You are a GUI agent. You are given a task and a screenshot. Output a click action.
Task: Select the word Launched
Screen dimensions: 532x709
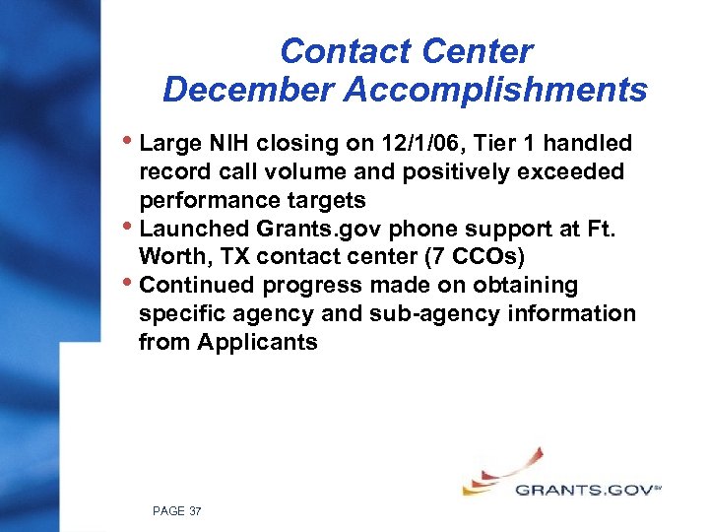coord(189,230)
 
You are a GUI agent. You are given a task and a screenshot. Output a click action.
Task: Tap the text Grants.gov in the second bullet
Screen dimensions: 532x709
coord(301,230)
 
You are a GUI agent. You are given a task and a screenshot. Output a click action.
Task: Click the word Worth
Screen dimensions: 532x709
coord(171,257)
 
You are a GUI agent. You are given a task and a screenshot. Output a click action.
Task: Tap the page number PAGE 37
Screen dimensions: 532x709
coord(177,511)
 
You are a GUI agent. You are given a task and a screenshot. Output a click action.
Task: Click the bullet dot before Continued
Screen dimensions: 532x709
coord(130,284)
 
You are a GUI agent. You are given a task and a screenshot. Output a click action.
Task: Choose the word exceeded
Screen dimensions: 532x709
coord(571,172)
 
